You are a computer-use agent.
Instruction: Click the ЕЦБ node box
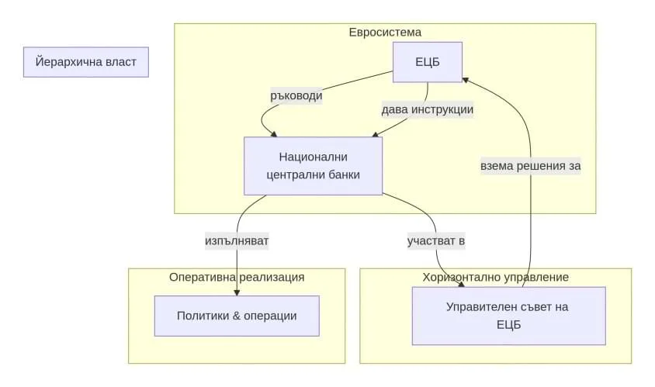pyautogui.click(x=428, y=62)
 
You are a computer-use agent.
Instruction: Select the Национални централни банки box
pyautogui.click(x=313, y=166)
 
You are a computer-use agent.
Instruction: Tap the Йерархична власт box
pyautogui.click(x=85, y=62)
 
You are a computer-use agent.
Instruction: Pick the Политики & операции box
pyautogui.click(x=237, y=316)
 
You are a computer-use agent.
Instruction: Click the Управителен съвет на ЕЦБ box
pyautogui.click(x=508, y=316)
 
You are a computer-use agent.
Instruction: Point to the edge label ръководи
pyautogui.click(x=296, y=97)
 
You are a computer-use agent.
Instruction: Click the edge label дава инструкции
pyautogui.click(x=428, y=109)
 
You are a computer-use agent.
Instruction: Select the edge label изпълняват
pyautogui.click(x=237, y=241)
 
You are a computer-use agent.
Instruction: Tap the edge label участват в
pyautogui.click(x=436, y=241)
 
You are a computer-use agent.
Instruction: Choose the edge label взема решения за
pyautogui.click(x=531, y=166)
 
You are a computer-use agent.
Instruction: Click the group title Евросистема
pyautogui.click(x=385, y=33)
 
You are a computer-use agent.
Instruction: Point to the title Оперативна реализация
pyautogui.click(x=237, y=277)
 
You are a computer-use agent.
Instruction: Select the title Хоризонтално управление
pyautogui.click(x=496, y=277)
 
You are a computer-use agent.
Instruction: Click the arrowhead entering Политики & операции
pyautogui.click(x=237, y=292)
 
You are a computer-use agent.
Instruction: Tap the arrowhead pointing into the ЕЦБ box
pyautogui.click(x=466, y=78)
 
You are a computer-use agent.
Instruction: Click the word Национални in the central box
pyautogui.click(x=313, y=157)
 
